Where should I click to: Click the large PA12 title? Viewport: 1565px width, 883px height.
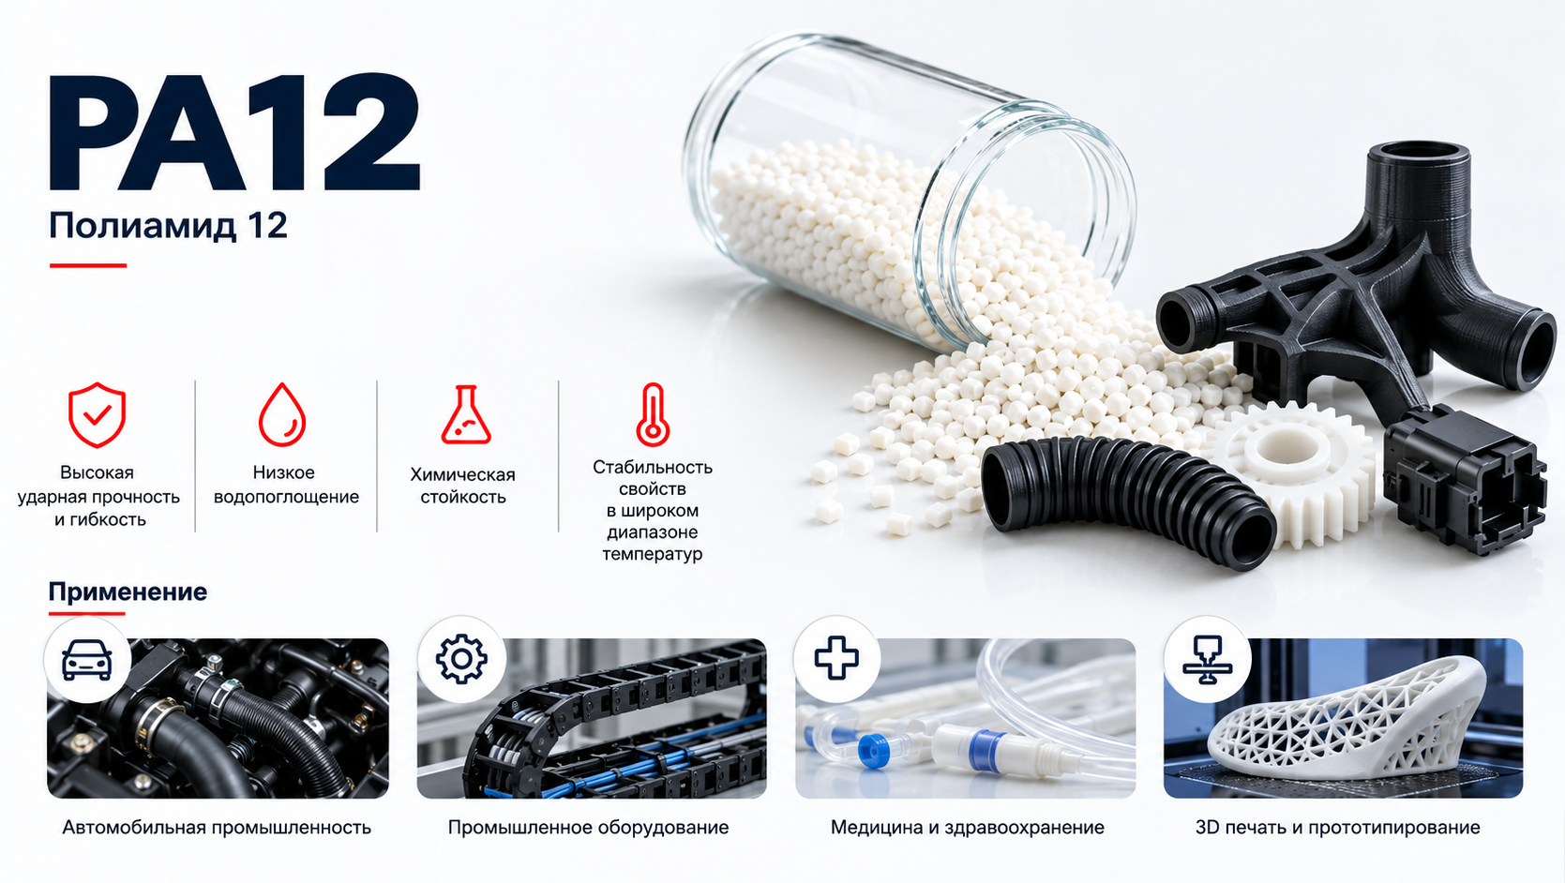[x=234, y=132]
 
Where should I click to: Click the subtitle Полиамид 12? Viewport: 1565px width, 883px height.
[x=168, y=226]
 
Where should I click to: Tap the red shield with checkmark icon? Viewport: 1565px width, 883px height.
[x=98, y=414]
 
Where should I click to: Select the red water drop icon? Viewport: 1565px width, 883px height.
[x=282, y=414]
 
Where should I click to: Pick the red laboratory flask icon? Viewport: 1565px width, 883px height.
[x=466, y=414]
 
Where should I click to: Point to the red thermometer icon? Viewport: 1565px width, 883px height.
[x=653, y=414]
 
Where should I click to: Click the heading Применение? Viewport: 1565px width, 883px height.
[x=128, y=591]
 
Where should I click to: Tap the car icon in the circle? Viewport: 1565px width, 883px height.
[x=87, y=660]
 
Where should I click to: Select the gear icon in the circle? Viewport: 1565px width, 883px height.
[x=461, y=659]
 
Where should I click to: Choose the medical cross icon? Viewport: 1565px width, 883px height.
[x=836, y=658]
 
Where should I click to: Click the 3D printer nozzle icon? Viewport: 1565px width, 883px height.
[x=1207, y=660]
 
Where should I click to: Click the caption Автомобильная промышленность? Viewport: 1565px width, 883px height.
[x=217, y=828]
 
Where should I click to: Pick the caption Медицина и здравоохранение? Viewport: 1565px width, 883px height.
[x=967, y=828]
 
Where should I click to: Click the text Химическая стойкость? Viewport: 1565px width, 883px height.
[x=462, y=486]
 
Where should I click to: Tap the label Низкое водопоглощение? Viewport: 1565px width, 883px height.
[x=286, y=484]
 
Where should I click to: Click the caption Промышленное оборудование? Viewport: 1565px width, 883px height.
[x=588, y=828]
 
